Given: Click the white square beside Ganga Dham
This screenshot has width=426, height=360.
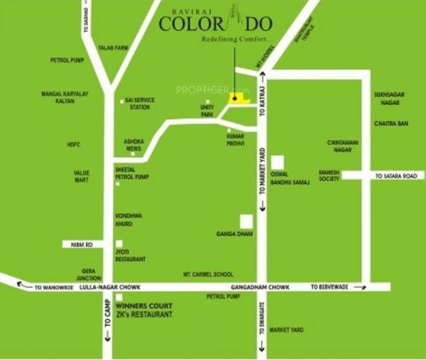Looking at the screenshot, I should coord(246,221).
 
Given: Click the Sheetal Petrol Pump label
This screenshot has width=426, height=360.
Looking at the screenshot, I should coord(132,173).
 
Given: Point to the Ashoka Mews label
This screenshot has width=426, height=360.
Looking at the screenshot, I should coord(133,145).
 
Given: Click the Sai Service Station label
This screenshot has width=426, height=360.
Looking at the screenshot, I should coord(138,104).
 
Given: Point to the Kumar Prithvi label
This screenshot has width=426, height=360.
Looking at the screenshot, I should coord(235,138).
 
